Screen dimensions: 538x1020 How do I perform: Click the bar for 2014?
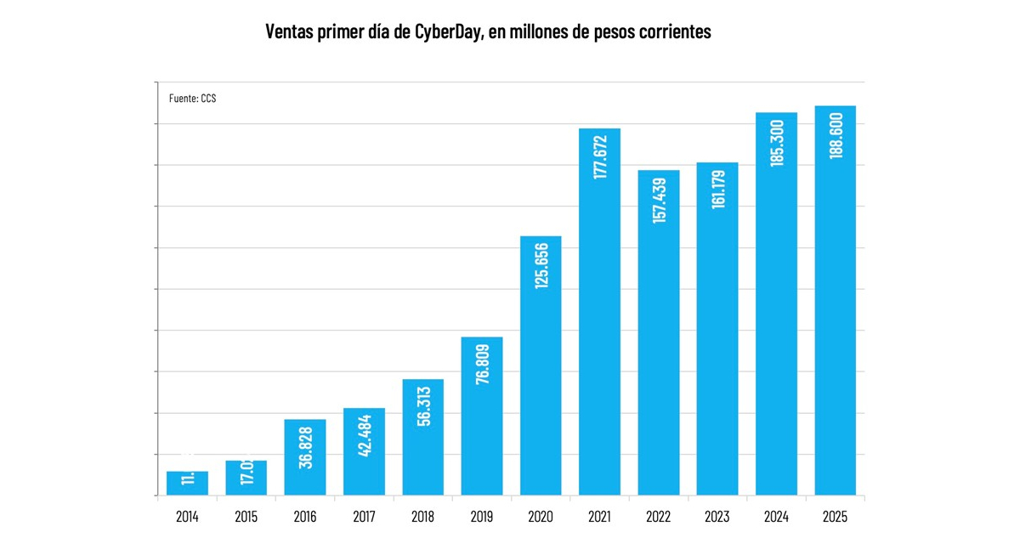tap(187, 483)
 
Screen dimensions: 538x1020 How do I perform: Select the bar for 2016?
tap(305, 457)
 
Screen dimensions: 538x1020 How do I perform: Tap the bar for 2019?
tap(482, 416)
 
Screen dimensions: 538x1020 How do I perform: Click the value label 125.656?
tap(541, 266)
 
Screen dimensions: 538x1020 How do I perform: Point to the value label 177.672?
tap(600, 156)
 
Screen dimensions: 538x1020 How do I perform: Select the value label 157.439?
tap(660, 199)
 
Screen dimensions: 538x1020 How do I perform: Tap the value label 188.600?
tap(836, 134)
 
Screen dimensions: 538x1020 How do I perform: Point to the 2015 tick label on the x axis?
tap(246, 516)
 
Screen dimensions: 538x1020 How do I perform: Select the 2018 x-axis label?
tap(422, 516)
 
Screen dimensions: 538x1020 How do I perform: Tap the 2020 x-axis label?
tap(541, 516)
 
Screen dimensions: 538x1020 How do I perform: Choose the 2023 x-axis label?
tap(717, 516)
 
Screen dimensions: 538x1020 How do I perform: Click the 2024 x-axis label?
tap(776, 516)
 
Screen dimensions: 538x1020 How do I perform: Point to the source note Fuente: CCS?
tap(193, 99)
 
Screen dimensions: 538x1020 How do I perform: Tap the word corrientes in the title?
tap(671, 32)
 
